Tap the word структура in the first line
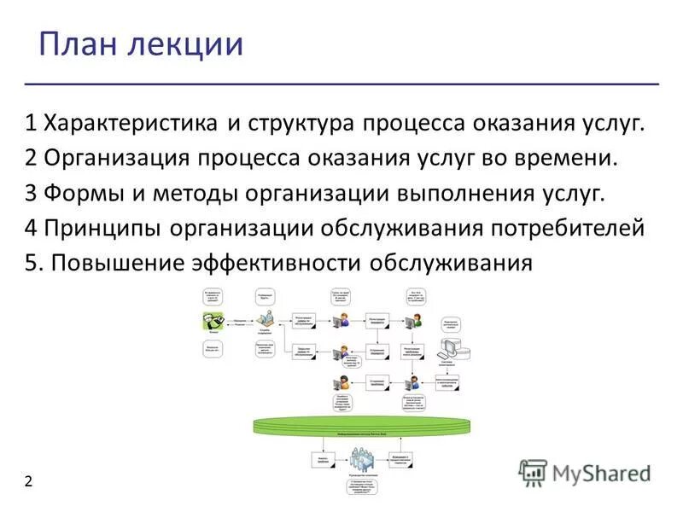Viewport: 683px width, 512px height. pos(301,124)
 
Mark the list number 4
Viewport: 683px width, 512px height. pos(31,228)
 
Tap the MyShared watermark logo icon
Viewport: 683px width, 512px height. pos(533,473)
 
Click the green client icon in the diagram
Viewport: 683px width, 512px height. pos(213,322)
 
